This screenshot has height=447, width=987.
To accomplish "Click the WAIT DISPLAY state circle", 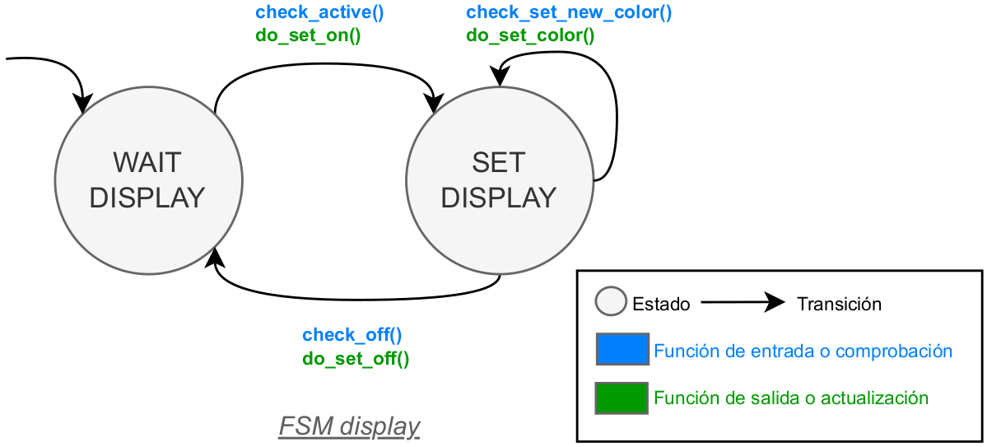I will click(148, 180).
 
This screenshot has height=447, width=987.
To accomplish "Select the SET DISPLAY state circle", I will click(499, 180).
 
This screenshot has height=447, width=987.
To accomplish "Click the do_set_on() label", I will click(309, 35).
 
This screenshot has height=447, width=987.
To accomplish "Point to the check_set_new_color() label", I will click(569, 12).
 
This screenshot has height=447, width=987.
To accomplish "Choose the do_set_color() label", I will click(530, 35).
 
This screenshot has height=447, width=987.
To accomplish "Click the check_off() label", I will click(352, 335).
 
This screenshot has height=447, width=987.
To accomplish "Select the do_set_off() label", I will click(356, 358).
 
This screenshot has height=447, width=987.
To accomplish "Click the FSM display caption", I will click(349, 426).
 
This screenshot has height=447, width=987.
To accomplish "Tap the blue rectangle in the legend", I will click(622, 349).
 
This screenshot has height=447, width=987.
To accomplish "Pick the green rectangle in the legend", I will click(622, 398).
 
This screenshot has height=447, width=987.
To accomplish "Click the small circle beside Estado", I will click(610, 302).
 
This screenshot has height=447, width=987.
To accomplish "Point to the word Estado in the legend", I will click(661, 304).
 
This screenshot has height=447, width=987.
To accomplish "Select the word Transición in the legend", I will click(839, 304).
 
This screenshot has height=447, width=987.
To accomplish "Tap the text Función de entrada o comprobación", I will click(803, 352).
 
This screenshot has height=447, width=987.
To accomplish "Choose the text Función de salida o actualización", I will click(791, 398).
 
